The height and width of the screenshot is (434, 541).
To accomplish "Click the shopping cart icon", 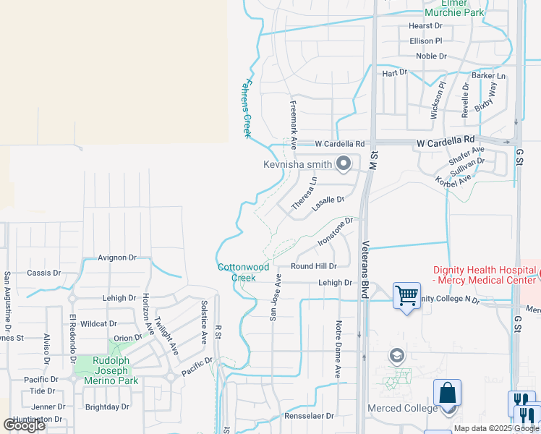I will coord(406,295).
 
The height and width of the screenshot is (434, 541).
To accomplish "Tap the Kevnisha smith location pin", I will coord(344,163).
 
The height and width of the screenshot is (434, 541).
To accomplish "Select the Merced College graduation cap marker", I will coord(396,355).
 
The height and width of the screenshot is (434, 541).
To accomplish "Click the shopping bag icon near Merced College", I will coord(448,393).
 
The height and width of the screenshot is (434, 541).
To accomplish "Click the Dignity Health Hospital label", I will coord(483,275).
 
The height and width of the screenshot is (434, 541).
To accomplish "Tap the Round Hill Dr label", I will coord(314,266).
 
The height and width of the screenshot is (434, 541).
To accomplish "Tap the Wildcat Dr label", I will coord(99,324).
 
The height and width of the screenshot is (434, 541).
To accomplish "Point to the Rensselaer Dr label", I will coord(309,416).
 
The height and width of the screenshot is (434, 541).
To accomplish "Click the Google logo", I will coord(25,425).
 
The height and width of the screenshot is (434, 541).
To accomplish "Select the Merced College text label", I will coord(393,408).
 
